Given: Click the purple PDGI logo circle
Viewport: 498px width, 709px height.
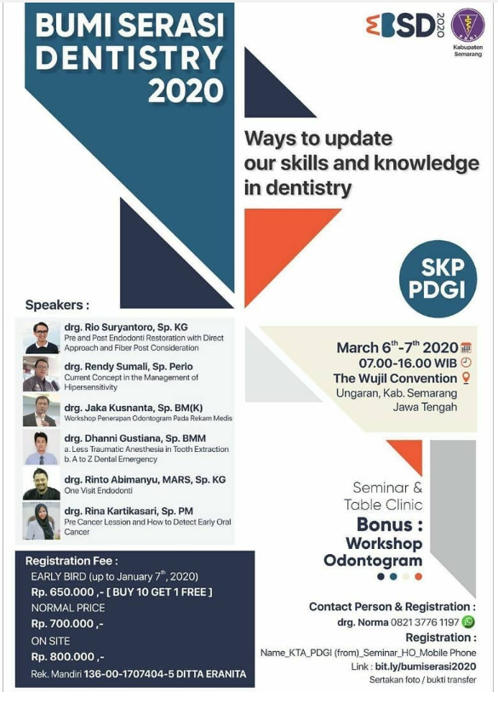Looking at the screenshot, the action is tap(467, 26).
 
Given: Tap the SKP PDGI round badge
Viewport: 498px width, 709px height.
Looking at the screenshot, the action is tap(438, 279).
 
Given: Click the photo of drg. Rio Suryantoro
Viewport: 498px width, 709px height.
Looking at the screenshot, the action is tap(41, 337).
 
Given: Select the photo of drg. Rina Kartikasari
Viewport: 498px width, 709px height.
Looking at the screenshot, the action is tap(41, 522).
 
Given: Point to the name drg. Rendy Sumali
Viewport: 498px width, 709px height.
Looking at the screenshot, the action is tap(129, 366).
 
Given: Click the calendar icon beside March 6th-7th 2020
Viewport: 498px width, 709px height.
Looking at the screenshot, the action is tap(466, 348).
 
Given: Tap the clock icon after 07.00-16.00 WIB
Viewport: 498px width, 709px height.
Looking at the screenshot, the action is tap(466, 363).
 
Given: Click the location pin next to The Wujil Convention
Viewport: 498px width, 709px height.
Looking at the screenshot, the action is tap(467, 378).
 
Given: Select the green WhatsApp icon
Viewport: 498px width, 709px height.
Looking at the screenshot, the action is tap(468, 622).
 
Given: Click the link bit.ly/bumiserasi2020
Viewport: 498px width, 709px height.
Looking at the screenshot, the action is tap(425, 666).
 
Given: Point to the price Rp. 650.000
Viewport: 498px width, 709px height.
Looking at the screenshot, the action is tap(63, 592).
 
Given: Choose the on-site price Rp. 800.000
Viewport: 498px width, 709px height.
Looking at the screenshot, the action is tap(63, 656).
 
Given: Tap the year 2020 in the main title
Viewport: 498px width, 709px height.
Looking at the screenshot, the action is tap(186, 91).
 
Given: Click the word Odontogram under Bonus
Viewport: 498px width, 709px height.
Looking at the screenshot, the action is tap(373, 561).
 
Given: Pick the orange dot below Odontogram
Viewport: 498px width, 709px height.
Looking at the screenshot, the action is tap(418, 576).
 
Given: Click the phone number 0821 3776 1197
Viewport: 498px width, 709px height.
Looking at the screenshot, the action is tap(425, 623).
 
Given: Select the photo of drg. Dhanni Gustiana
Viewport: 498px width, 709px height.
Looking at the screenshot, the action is tap(41, 447).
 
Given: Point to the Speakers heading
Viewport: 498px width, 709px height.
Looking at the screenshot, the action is tap(57, 305).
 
